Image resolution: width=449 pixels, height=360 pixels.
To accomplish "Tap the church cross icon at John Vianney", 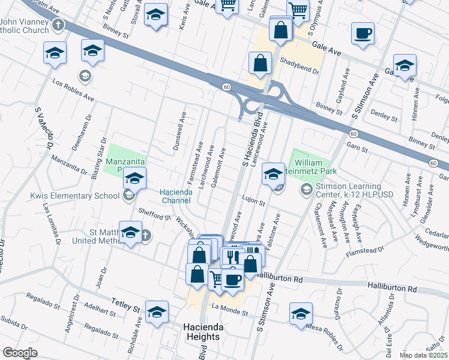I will [58, 25].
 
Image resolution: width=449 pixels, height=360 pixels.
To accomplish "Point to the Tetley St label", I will [124, 305].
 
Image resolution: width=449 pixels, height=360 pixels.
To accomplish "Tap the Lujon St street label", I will [254, 203].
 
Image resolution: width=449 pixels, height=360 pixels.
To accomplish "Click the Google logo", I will [20, 353].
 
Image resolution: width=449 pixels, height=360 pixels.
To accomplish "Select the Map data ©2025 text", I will [423, 355].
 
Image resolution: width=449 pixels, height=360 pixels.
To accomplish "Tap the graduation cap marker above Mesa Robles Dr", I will [301, 313].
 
